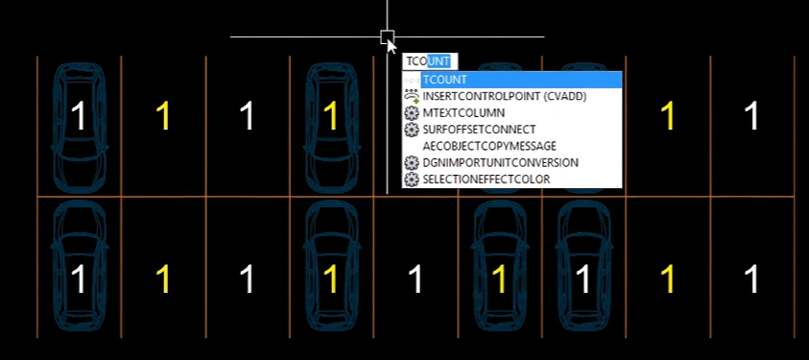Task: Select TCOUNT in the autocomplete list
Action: pos(444,80)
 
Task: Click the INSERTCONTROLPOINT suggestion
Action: pos(504,96)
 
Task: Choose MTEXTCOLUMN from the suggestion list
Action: pos(464,113)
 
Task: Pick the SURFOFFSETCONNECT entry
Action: pos(479,130)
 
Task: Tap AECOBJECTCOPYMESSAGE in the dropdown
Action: pos(489,146)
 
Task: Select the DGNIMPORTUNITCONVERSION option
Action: pos(500,162)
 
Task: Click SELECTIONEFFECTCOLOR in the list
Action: pos(486,179)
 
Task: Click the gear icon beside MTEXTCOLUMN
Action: pos(411,113)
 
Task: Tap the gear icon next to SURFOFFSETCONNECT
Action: pos(411,130)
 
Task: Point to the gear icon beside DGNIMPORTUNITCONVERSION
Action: pos(411,162)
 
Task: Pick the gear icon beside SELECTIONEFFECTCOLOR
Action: pos(411,179)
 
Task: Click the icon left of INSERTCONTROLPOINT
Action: pos(411,96)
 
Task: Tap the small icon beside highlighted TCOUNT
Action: pos(411,80)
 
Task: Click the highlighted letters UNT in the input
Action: pos(439,61)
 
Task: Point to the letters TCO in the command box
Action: pos(416,61)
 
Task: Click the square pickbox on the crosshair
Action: pos(388,37)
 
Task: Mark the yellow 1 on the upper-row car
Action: pos(331,115)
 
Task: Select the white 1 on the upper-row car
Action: pos(79,115)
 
